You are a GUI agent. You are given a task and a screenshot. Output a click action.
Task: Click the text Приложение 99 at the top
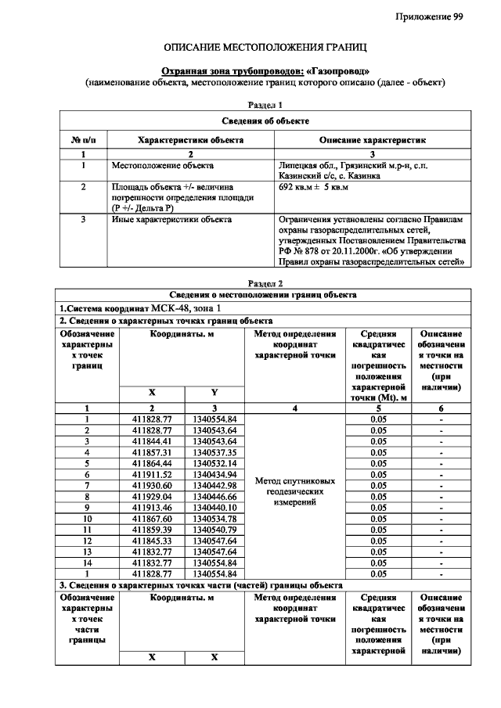tap(429, 17)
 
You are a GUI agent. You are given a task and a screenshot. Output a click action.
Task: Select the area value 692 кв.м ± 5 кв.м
tap(314, 189)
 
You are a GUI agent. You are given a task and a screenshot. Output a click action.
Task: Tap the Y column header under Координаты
tap(214, 391)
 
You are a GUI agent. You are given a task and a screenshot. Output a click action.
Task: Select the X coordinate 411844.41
tap(152, 441)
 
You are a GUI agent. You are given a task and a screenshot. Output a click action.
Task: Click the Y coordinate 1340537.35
tap(214, 452)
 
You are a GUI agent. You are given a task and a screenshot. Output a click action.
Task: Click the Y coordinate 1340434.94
tap(214, 474)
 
